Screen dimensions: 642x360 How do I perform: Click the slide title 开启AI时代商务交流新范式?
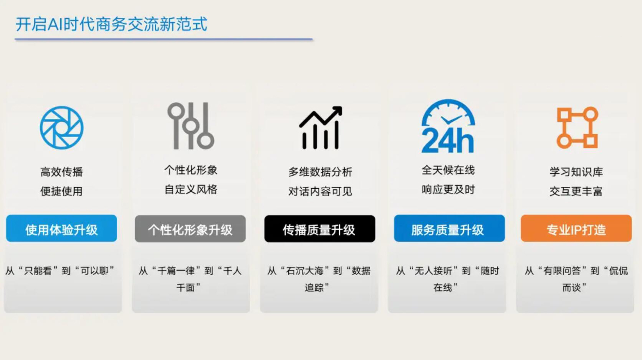(111, 24)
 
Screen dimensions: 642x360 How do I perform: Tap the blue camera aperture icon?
(61, 128)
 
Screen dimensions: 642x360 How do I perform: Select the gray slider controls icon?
(191, 126)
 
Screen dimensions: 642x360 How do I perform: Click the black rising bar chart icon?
(321, 128)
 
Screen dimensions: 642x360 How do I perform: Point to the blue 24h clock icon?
(448, 126)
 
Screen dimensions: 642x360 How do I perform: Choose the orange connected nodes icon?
(577, 128)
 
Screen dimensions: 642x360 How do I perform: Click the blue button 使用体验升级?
(61, 228)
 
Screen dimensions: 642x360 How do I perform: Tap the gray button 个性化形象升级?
(190, 229)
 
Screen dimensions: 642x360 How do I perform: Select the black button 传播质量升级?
(320, 229)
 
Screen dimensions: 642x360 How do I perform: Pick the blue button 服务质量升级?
(449, 228)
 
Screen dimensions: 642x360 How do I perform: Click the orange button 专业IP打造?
(576, 228)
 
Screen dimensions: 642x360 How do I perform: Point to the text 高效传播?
(61, 172)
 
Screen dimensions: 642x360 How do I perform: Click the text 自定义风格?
(191, 189)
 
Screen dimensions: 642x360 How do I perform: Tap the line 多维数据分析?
(320, 172)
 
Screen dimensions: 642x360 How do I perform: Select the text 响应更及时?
(448, 189)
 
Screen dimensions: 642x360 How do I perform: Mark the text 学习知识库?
(576, 172)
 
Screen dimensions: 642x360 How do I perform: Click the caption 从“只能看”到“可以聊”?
(60, 271)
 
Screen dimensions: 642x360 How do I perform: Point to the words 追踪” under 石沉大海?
(317, 288)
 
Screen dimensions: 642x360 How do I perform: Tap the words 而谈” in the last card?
(574, 288)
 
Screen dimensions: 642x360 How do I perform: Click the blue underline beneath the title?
(163, 39)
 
